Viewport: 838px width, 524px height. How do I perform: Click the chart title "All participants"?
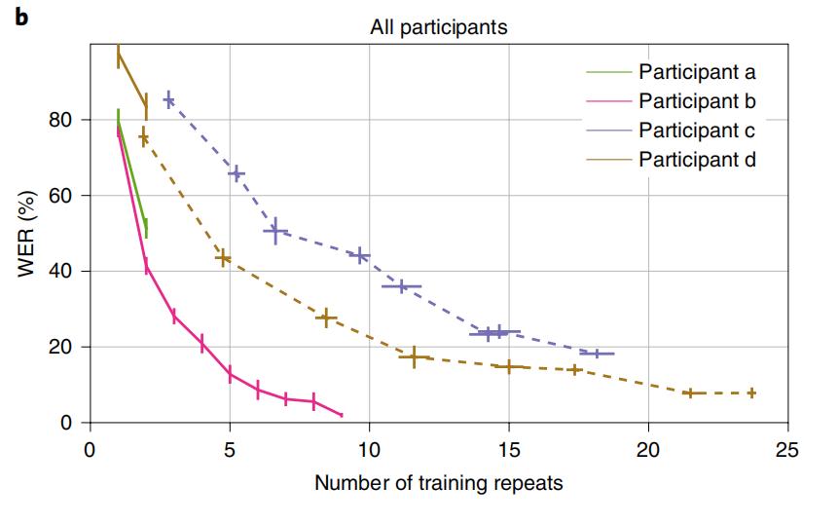438,27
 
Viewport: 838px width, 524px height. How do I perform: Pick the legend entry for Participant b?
697,100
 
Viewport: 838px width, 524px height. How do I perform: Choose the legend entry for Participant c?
697,130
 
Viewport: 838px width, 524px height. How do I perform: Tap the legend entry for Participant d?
697,159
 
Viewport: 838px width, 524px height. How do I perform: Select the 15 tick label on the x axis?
509,451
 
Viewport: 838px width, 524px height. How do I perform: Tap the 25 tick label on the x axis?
788,451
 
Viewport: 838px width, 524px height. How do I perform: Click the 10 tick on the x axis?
369,451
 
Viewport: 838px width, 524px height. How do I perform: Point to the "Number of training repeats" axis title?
438,482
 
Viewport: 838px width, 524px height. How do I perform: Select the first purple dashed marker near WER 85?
169,99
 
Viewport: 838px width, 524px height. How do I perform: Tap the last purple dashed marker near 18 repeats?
598,354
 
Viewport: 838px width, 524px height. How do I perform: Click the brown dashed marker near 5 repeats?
223,258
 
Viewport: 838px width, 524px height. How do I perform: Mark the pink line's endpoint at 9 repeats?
342,415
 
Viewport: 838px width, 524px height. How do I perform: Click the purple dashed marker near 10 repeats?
360,256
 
